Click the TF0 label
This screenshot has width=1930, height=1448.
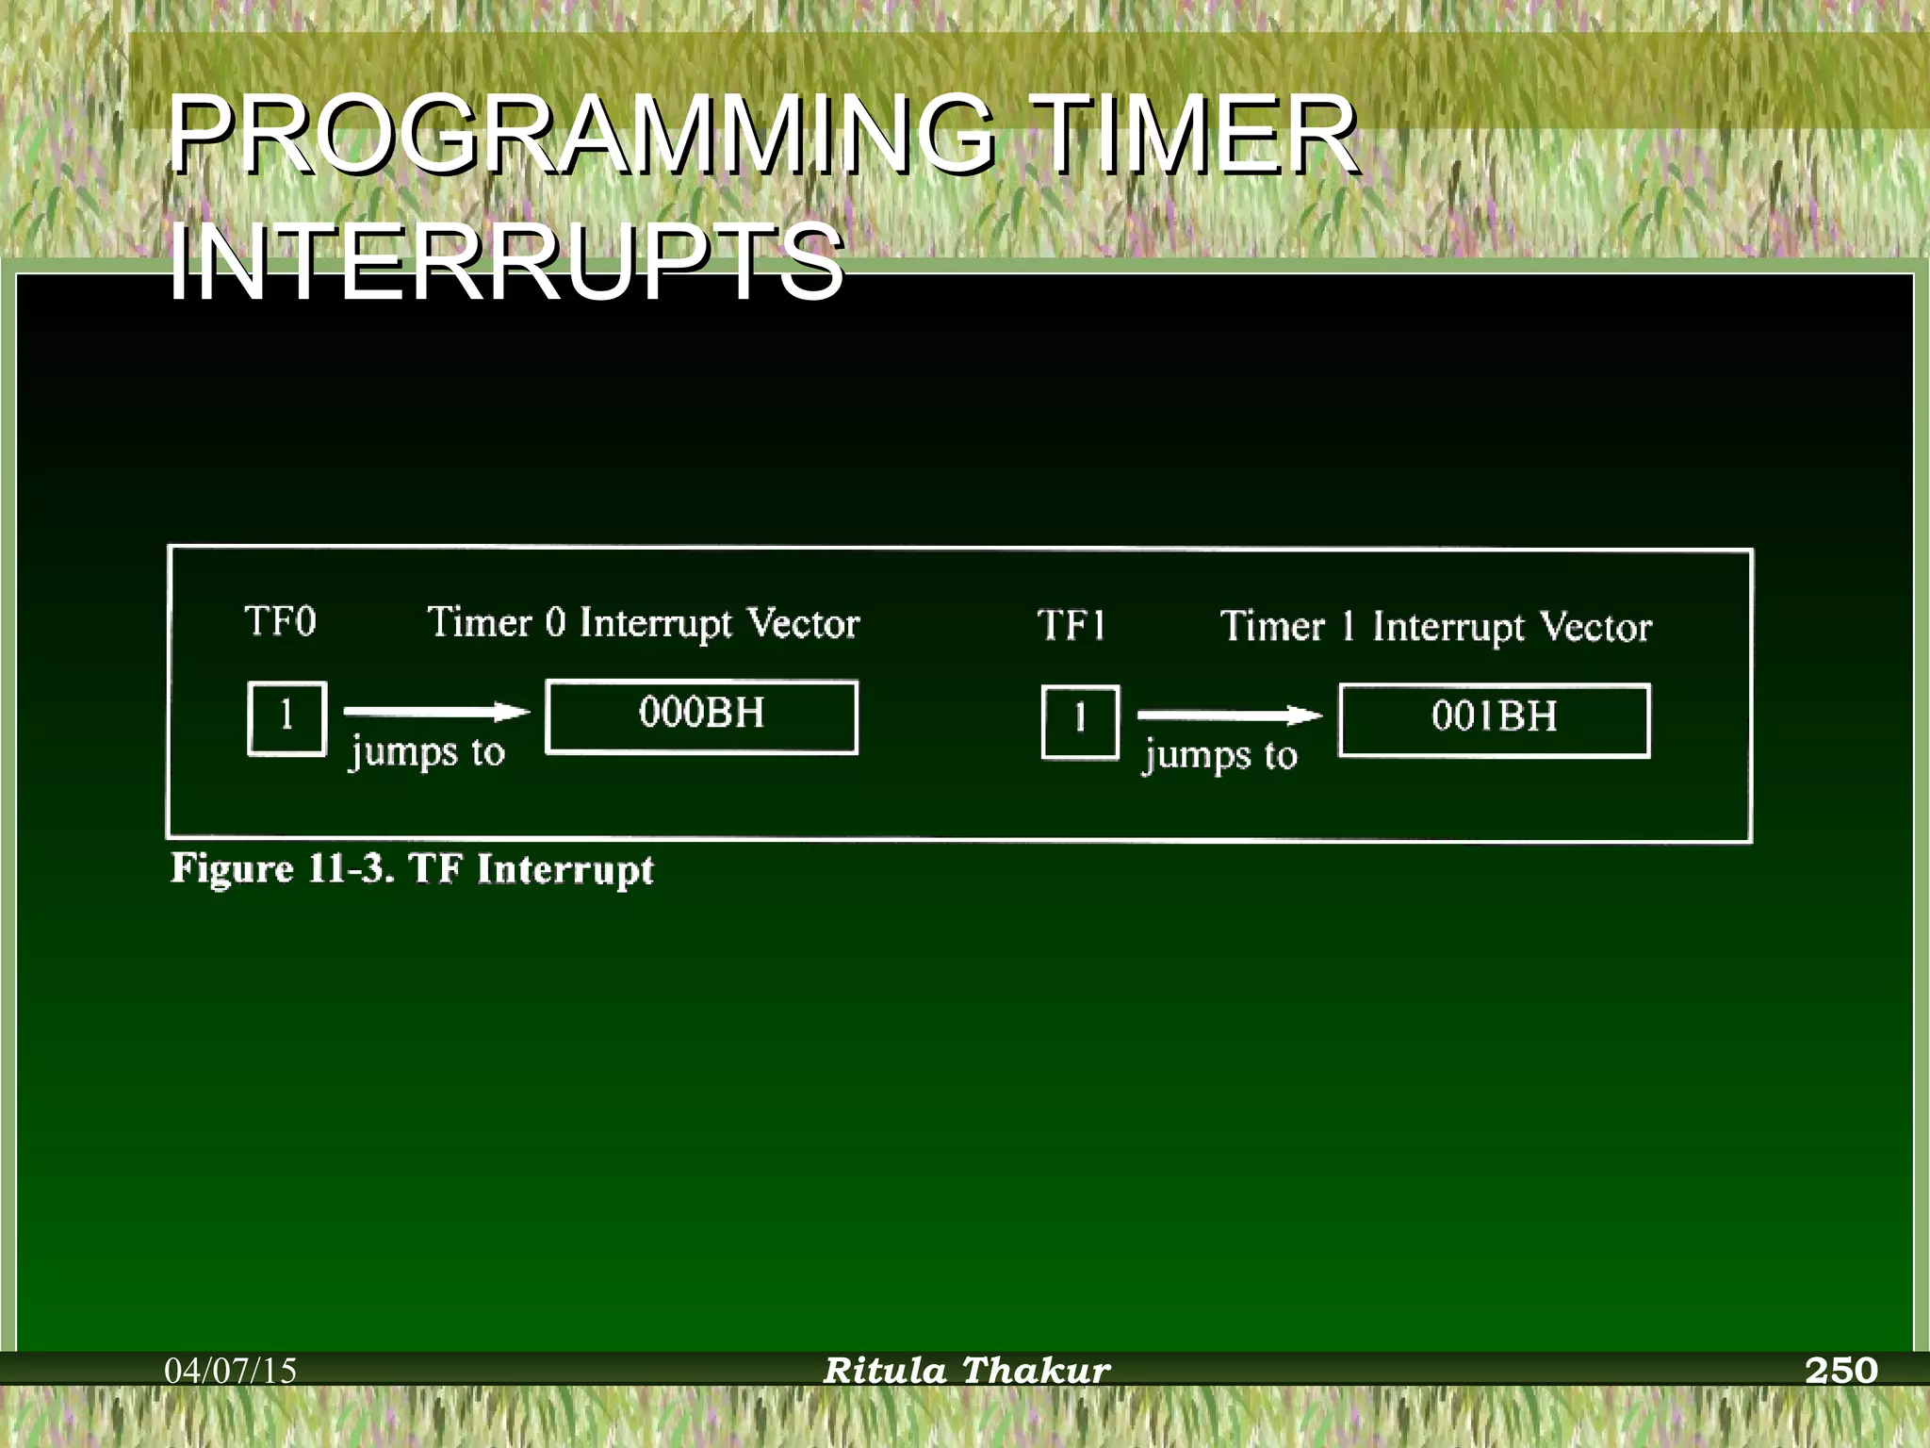tap(280, 622)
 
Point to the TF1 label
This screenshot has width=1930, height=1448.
tap(1071, 626)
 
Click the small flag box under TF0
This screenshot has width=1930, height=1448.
tap(287, 718)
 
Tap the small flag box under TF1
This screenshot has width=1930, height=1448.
tap(1080, 722)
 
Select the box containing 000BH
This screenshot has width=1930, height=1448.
tap(702, 716)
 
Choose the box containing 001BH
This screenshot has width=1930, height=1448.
tap(1495, 720)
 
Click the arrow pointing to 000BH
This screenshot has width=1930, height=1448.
tap(436, 712)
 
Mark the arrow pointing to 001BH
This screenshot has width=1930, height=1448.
tap(1229, 716)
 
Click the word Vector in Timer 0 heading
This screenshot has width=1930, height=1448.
tap(803, 624)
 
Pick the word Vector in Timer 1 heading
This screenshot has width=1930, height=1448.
tap(1595, 628)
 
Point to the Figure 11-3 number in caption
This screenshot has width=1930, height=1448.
tap(350, 868)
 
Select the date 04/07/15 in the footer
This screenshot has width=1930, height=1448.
tap(231, 1370)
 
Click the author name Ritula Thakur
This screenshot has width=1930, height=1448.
tap(966, 1370)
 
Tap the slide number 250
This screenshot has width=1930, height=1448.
tap(1841, 1370)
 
